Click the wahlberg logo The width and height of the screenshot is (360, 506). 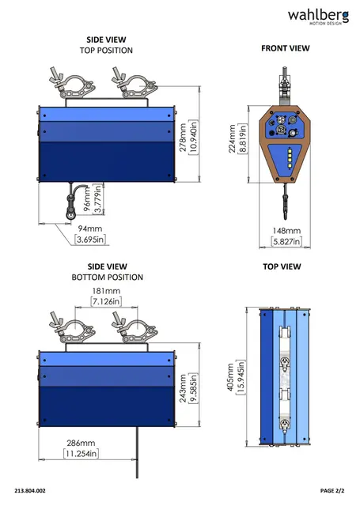(x=318, y=17)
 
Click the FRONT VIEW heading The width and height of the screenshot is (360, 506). (x=286, y=48)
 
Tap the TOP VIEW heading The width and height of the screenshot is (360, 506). (x=282, y=266)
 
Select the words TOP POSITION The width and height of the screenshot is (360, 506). (x=106, y=51)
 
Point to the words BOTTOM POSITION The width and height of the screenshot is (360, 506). (x=107, y=278)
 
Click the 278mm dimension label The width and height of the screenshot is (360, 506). (x=183, y=137)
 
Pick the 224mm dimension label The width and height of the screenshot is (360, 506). (x=232, y=139)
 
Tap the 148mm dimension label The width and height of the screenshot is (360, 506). (x=286, y=231)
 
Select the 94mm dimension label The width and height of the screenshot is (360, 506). (x=90, y=228)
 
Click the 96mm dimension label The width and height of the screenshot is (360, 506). (x=88, y=200)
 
